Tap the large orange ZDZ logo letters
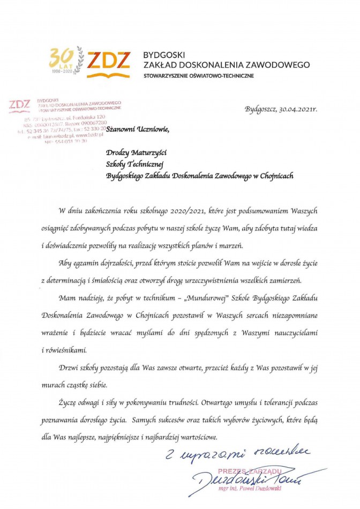109,61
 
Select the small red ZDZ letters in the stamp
20,105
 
